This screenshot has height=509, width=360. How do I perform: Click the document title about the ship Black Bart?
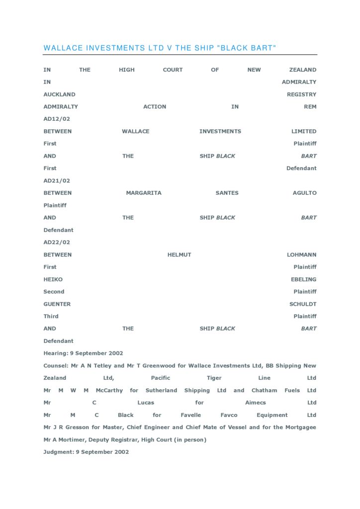[160, 48]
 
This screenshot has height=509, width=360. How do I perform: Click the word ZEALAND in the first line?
[303, 70]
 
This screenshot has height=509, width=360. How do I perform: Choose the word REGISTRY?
[301, 94]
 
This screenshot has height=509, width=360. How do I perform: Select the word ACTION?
[155, 107]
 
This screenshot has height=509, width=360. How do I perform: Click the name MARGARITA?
[144, 193]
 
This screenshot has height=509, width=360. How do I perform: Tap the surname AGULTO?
[304, 193]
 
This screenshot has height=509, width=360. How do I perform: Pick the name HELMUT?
[179, 255]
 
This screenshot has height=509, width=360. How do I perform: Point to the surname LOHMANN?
[301, 255]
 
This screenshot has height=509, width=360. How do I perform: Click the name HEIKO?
[53, 279]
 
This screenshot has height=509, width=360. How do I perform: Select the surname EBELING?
[303, 279]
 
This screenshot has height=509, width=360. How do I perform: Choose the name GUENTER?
[57, 304]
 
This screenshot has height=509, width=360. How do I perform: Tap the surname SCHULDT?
[303, 304]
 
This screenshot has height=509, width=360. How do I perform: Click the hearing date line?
[83, 353]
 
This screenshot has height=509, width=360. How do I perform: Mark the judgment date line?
[86, 452]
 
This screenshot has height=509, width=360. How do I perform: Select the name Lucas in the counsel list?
[146, 403]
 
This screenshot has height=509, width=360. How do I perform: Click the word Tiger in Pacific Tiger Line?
[214, 378]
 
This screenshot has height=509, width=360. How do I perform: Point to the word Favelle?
[191, 415]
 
